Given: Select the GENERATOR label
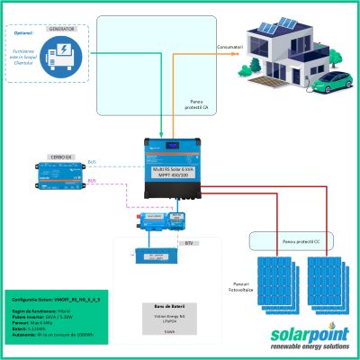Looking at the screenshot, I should click(x=72, y=27).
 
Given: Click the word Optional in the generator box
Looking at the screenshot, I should click(x=22, y=33).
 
